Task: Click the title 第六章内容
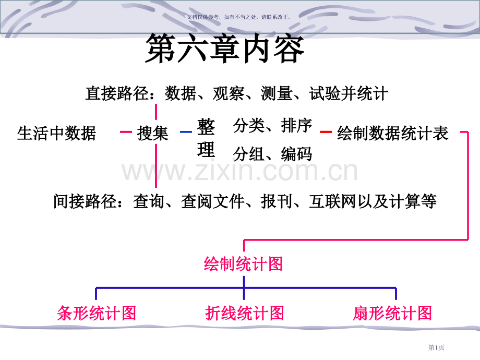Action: [x=225, y=49]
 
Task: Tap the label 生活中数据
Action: [x=57, y=134]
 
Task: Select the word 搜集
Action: [x=153, y=134]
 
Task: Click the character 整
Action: [x=206, y=127]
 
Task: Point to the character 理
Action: [x=206, y=150]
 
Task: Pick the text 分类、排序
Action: [x=273, y=126]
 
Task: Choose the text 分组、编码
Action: [x=273, y=154]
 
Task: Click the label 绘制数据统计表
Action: [x=393, y=134]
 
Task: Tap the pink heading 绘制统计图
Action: [x=243, y=264]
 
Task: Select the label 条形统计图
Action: [x=97, y=313]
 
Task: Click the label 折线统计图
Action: [x=245, y=313]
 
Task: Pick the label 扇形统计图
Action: [x=392, y=313]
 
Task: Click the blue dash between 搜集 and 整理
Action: [x=186, y=132]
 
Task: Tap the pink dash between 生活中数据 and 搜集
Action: [x=126, y=132]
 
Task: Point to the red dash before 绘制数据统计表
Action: [x=326, y=132]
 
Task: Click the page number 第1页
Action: [x=436, y=347]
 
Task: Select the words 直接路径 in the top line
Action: [x=117, y=93]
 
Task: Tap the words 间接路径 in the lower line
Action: [x=85, y=201]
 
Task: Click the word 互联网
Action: [x=333, y=201]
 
